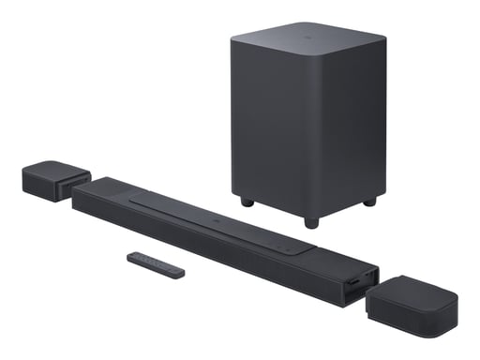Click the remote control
pos(157,264)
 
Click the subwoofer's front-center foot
pos(310,222)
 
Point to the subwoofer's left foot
pos(247,201)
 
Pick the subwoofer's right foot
pos(369,201)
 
